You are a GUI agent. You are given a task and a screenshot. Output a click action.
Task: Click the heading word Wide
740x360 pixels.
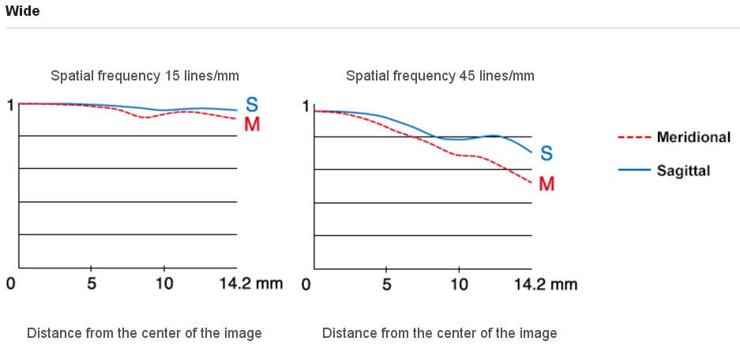click(22, 11)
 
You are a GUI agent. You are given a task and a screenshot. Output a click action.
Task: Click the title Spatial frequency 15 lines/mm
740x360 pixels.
click(145, 76)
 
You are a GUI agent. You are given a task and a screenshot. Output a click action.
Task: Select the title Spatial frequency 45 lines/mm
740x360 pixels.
click(440, 76)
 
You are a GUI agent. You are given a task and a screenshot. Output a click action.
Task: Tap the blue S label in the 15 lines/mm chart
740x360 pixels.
click(251, 104)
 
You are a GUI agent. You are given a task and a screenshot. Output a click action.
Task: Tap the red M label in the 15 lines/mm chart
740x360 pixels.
click(252, 125)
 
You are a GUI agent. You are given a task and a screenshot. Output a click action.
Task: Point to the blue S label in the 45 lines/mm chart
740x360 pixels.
click(547, 153)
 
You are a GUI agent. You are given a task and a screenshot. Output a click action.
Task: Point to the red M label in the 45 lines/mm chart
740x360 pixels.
click(547, 184)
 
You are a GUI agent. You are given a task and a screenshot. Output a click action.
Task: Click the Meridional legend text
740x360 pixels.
click(693, 137)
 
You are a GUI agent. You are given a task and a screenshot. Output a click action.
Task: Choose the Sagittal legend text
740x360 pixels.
click(683, 170)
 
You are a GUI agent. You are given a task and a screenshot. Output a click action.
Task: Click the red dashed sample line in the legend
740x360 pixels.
click(633, 137)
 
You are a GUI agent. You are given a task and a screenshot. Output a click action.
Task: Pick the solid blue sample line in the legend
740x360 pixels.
click(633, 170)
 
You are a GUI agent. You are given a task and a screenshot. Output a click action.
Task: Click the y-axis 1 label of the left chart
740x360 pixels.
click(9, 104)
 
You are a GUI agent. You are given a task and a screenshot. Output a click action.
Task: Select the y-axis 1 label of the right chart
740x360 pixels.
click(306, 105)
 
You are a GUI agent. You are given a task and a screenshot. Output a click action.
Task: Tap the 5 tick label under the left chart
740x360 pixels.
click(92, 283)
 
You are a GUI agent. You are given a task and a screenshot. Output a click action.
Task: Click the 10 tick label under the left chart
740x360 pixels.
click(163, 283)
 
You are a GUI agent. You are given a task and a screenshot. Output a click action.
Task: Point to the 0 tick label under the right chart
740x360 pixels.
click(306, 283)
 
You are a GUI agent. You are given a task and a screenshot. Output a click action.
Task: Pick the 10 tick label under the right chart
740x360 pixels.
click(459, 283)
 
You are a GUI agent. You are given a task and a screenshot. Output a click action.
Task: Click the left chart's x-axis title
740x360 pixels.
click(145, 333)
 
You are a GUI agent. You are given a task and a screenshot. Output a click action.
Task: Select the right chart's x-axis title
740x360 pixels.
click(440, 333)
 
